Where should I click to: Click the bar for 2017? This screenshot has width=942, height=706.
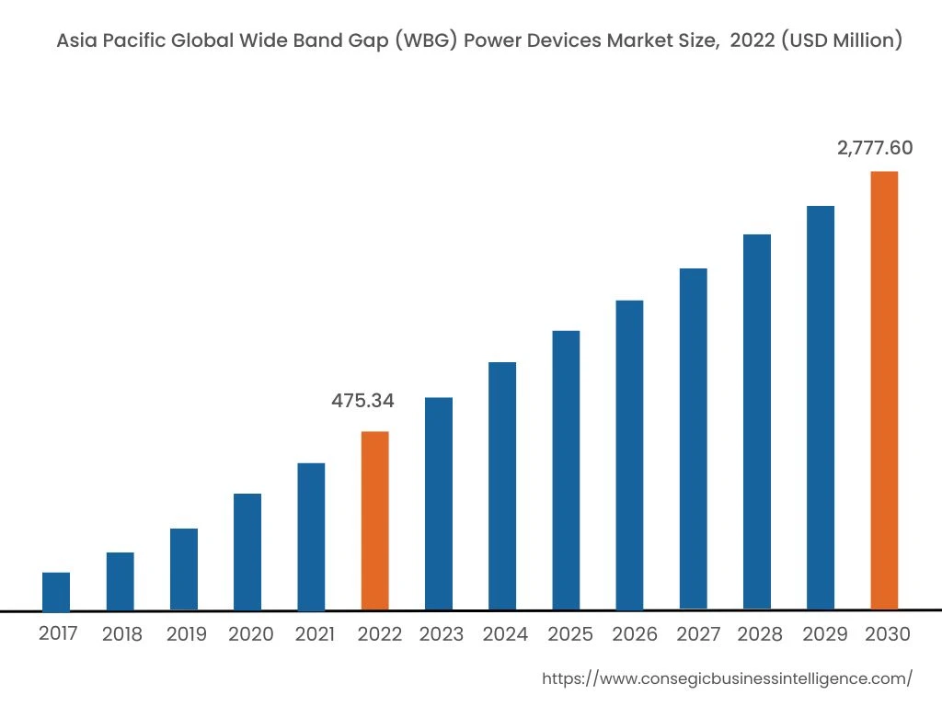click(56, 591)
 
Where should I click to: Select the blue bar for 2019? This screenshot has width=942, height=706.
click(184, 569)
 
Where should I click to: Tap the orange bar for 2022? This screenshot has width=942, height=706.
click(374, 520)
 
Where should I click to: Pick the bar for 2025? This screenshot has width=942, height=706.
click(566, 470)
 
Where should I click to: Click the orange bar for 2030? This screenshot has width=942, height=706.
click(884, 391)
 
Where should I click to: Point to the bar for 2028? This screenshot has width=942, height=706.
click(757, 422)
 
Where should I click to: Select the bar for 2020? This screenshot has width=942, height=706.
click(247, 552)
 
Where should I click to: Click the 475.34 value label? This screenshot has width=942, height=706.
click(362, 401)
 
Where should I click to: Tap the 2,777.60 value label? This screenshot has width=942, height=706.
click(875, 148)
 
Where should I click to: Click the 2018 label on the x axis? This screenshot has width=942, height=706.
click(122, 634)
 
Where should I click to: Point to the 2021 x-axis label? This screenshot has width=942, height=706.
click(315, 634)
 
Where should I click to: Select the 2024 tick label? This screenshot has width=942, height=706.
click(506, 634)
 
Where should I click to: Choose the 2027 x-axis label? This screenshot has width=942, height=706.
click(697, 634)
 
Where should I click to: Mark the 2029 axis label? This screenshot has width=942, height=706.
click(824, 634)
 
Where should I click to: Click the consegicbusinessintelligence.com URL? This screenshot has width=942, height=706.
click(727, 678)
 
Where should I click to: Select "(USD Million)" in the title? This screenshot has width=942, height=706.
click(841, 40)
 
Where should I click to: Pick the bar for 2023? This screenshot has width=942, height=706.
click(439, 504)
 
